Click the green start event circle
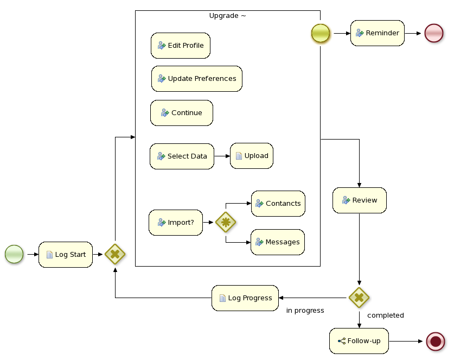click(x=14, y=254)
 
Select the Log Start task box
click(x=66, y=254)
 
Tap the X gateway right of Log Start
click(x=115, y=254)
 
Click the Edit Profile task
click(x=180, y=46)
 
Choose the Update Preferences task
click(x=196, y=79)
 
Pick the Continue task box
click(x=181, y=113)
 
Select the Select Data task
click(x=182, y=156)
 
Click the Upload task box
click(x=251, y=156)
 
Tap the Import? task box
click(x=175, y=223)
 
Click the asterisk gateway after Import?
click(x=226, y=223)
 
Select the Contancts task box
click(x=278, y=204)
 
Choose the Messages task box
click(x=277, y=242)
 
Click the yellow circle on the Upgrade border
click(x=321, y=33)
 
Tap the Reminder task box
click(x=377, y=33)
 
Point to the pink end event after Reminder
click(x=434, y=33)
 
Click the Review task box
click(x=359, y=200)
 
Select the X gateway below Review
click(x=359, y=298)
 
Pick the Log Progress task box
click(x=245, y=298)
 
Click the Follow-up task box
click(x=359, y=341)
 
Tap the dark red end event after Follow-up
click(x=436, y=341)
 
